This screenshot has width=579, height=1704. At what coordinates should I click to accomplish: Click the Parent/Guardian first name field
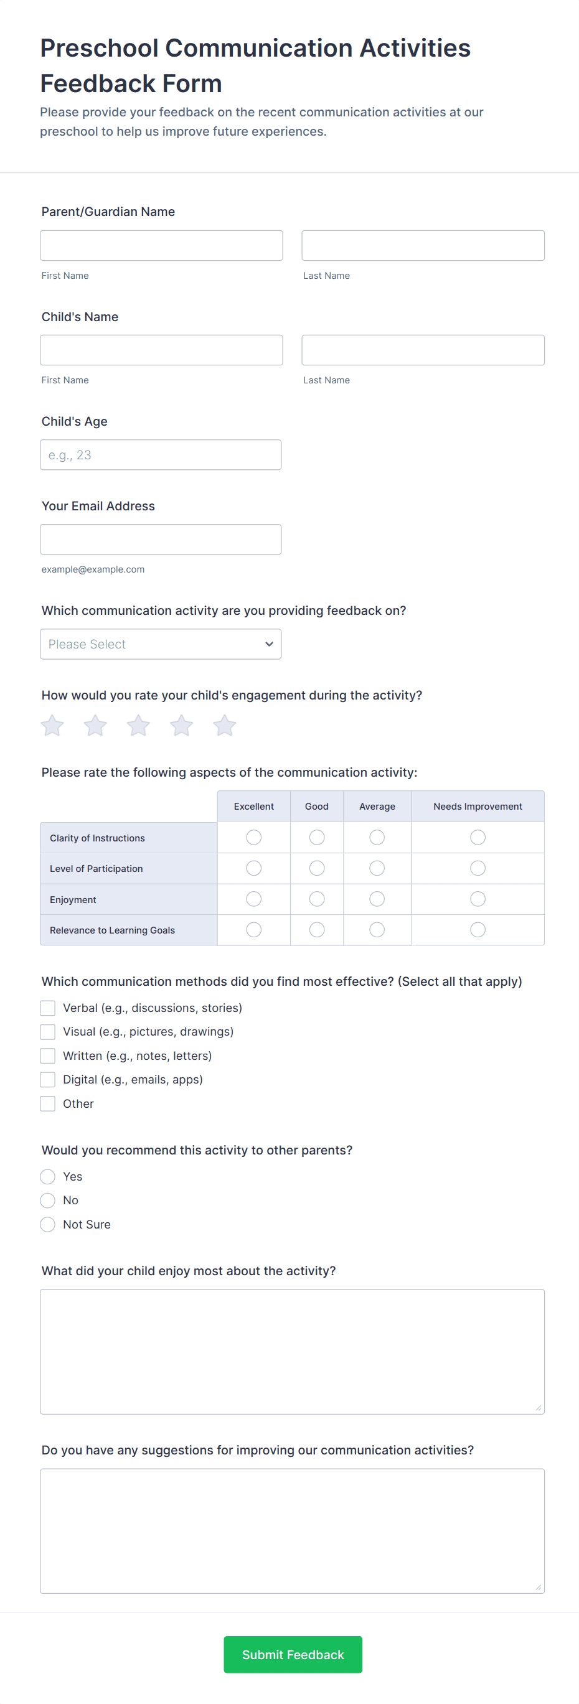click(x=161, y=245)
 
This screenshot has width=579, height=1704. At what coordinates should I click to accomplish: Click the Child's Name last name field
click(x=423, y=350)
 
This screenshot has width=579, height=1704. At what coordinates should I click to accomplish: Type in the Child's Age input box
click(x=160, y=455)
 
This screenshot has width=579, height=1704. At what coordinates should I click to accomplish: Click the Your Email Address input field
click(x=160, y=540)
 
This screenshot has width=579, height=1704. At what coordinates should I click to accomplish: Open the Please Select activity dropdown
click(x=160, y=644)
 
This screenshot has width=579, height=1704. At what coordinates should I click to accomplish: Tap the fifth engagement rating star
click(x=224, y=726)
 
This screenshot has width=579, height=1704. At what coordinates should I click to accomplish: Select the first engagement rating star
click(x=52, y=726)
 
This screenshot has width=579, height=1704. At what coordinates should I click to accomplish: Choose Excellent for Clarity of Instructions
click(x=253, y=838)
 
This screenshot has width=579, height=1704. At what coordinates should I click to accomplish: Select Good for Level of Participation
click(x=317, y=868)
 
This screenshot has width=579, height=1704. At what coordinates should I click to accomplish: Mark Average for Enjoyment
click(x=377, y=899)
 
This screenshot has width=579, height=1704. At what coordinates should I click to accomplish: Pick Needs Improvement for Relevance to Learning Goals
click(x=478, y=930)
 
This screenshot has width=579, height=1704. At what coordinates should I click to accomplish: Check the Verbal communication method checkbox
click(x=48, y=1008)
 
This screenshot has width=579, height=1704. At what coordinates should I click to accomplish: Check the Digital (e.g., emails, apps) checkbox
click(x=48, y=1080)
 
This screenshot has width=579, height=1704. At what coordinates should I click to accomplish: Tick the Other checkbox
click(x=48, y=1103)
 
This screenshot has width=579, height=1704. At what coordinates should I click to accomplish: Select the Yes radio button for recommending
click(x=48, y=1176)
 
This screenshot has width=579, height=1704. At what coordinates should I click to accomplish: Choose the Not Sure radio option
click(x=48, y=1224)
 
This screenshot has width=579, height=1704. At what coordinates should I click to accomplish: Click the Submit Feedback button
click(x=293, y=1654)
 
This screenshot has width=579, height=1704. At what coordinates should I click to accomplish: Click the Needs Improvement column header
click(x=478, y=807)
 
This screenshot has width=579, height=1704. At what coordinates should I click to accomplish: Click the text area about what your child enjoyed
click(x=292, y=1351)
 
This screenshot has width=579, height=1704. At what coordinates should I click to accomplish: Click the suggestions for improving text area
click(x=292, y=1531)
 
